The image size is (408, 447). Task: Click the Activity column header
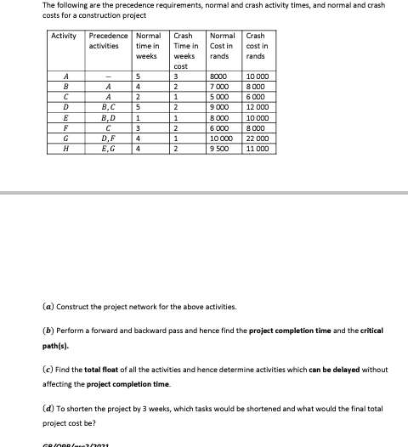pyautogui.click(x=64, y=36)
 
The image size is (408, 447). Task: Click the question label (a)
pyautogui.click(x=48, y=306)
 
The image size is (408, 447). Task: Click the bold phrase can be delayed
pyautogui.click(x=336, y=370)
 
